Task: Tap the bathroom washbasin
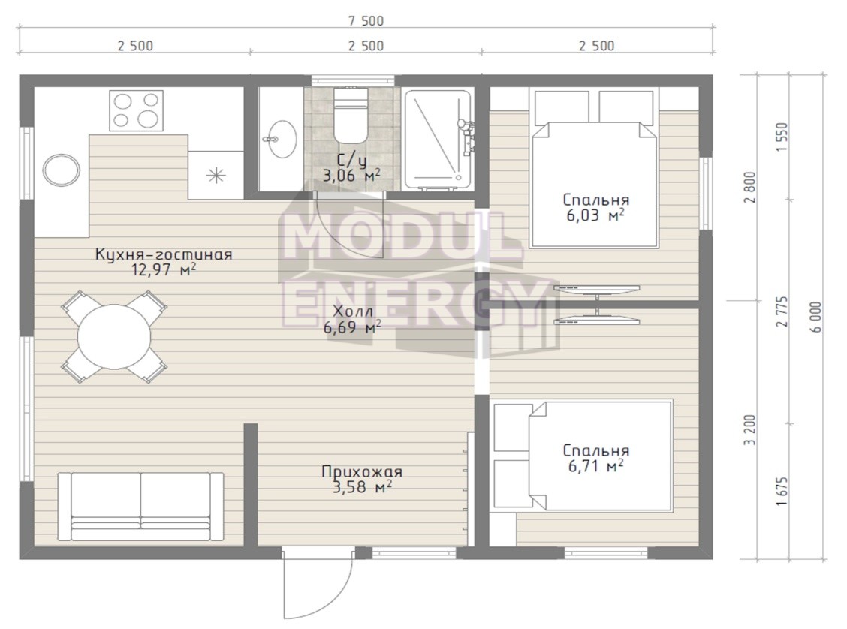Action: [280, 140]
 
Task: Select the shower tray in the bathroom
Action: [438, 140]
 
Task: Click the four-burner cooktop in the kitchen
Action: [136, 110]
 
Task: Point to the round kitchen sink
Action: [61, 170]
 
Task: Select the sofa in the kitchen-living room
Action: [140, 507]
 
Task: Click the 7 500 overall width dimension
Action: [366, 21]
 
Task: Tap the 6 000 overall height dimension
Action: [816, 317]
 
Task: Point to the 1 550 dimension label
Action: [782, 137]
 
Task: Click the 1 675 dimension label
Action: [781, 492]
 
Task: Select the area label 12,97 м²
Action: [164, 269]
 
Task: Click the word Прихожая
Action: [362, 472]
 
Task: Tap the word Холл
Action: [353, 311]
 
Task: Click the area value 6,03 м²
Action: [595, 215]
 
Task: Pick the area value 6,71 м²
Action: [595, 465]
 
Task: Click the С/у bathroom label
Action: [351, 161]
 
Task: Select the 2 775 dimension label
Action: [782, 311]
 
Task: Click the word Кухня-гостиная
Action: [164, 254]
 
